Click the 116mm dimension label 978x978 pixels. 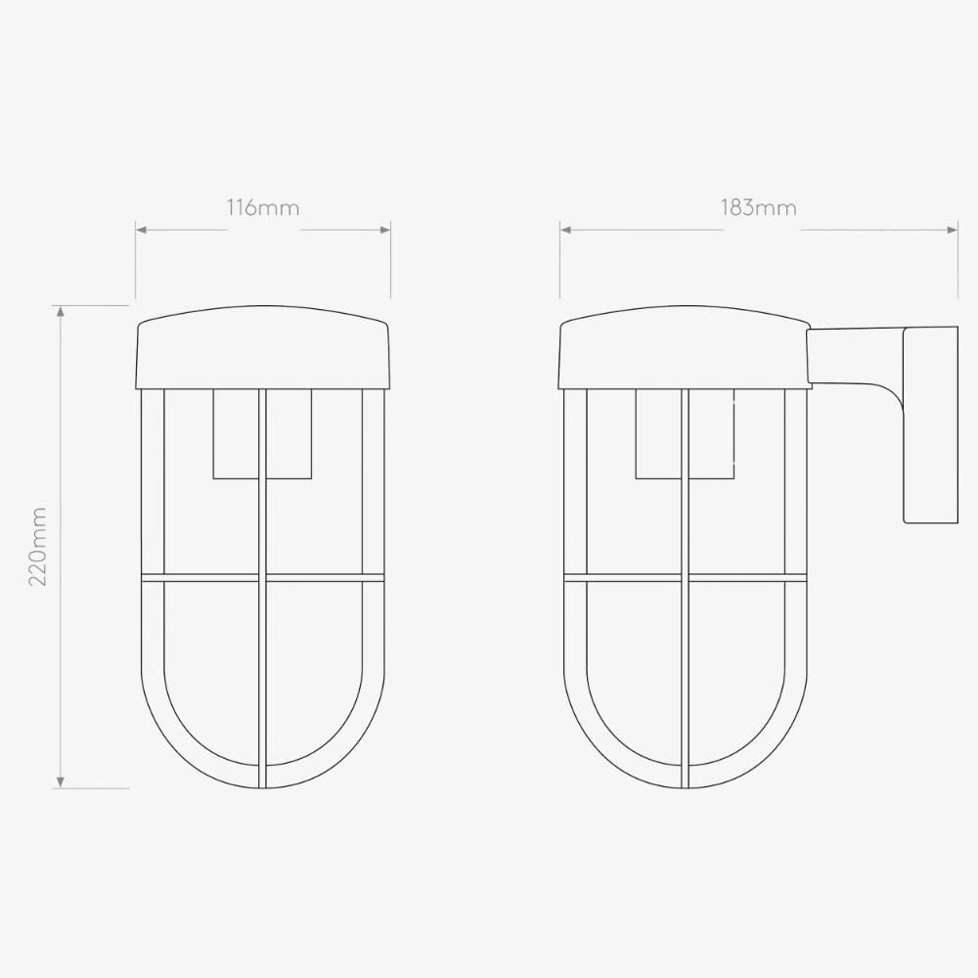pos(263,207)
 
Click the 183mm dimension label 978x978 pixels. pos(759,207)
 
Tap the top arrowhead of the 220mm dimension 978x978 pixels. pos(62,312)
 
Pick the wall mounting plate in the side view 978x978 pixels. pos(930,424)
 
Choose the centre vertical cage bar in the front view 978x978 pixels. pos(262,665)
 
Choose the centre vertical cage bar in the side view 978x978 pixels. pos(685,665)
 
